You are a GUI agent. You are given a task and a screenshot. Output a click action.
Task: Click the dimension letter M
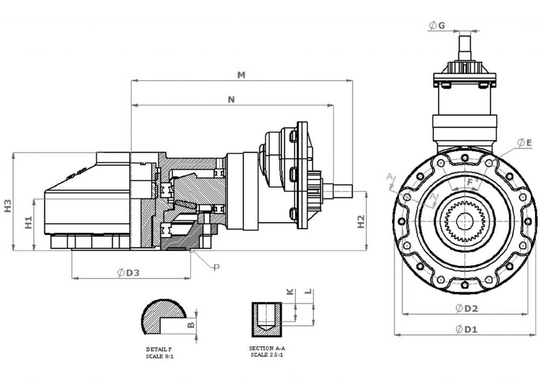[241, 75]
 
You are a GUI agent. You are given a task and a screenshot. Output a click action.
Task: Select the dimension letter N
[231, 99]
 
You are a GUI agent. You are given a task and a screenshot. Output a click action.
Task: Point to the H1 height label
[29, 222]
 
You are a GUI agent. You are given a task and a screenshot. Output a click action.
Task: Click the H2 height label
[361, 221]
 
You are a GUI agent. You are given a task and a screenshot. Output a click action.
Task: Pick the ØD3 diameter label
[128, 273]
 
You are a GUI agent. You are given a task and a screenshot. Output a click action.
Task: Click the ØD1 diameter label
[467, 329]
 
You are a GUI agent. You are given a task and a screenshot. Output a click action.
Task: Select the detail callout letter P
[216, 267]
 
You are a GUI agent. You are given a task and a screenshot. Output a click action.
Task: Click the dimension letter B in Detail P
[191, 324]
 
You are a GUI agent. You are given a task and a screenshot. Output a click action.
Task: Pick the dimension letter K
[290, 292]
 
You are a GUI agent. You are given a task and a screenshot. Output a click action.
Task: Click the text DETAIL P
[159, 350]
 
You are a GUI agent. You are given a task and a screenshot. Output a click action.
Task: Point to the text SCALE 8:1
[160, 356]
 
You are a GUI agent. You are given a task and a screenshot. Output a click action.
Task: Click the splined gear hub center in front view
[465, 220]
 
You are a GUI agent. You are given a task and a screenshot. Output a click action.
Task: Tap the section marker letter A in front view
[389, 176]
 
